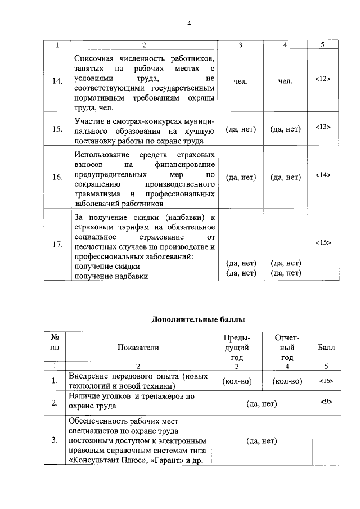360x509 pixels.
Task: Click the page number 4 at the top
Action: click(x=190, y=23)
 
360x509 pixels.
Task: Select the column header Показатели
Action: click(x=138, y=348)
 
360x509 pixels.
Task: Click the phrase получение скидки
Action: click(x=103, y=267)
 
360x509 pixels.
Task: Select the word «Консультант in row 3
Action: click(x=93, y=461)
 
